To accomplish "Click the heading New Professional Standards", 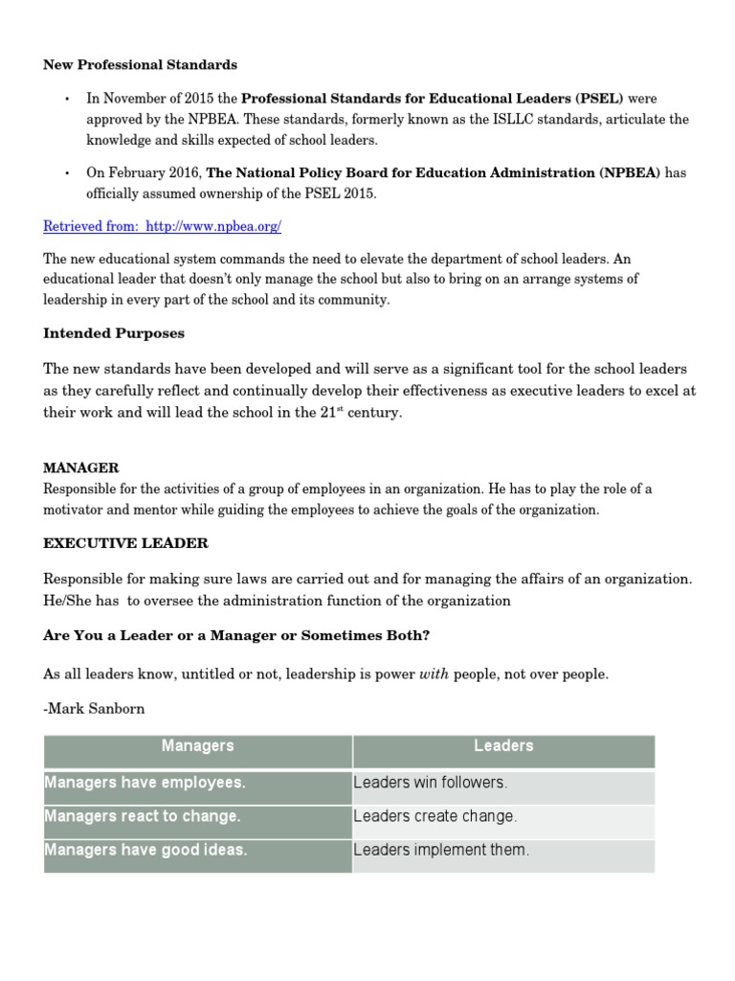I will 141,65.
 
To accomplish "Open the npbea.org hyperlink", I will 163,227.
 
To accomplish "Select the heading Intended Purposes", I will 114,334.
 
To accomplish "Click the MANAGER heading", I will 81,468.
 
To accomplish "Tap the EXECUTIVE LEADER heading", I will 125,543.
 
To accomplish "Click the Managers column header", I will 197,746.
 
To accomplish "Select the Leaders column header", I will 503,746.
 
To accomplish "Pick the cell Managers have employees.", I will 145,783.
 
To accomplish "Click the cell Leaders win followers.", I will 430,783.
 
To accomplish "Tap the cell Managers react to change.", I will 142,817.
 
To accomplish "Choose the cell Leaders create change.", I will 434,817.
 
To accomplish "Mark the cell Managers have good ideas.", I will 145,851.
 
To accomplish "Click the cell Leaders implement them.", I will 440,851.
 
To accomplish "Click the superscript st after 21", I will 339,409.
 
